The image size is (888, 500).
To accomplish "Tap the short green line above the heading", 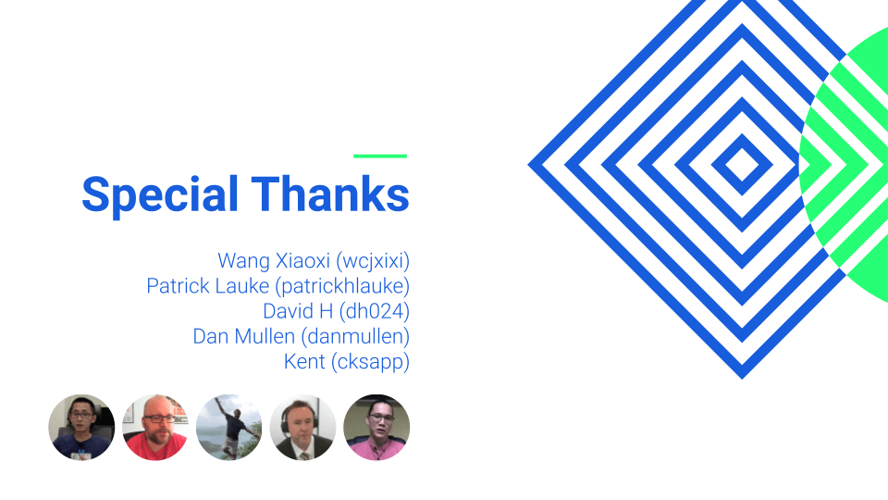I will pos(380,156).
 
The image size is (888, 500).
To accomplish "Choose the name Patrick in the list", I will pos(176,286).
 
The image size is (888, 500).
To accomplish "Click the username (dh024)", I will pos(375,311).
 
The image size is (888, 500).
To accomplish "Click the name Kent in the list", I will pos(304,361).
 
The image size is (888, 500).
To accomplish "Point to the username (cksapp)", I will pos(370,361).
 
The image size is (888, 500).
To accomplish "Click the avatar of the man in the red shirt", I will pos(155,427).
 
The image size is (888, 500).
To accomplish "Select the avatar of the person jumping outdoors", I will pos(229,427).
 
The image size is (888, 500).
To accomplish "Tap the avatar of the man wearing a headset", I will pos(303,427).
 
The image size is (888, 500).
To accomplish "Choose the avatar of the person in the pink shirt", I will pos(376,427).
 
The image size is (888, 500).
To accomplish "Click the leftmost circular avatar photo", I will pos(81,427).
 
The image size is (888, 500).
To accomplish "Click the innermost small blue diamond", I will pos(742,166).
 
